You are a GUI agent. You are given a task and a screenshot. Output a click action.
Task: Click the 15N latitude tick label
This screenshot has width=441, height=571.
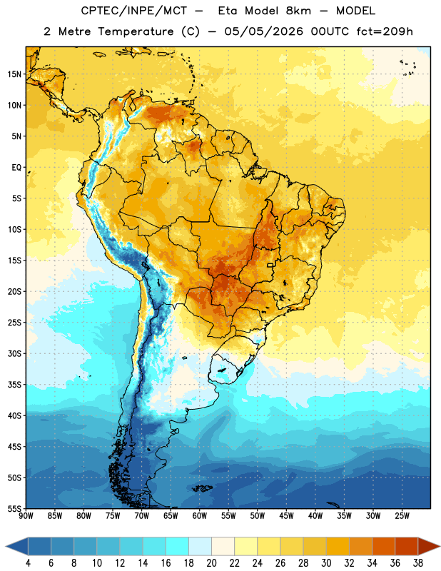14,74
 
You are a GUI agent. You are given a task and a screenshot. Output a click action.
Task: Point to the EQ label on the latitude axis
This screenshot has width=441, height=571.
16,168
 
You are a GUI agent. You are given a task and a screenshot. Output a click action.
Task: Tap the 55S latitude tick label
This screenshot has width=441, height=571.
14,508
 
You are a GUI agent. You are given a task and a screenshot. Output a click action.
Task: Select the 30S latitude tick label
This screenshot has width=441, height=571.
14,353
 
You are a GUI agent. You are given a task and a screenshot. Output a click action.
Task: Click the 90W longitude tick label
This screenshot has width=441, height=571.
26,515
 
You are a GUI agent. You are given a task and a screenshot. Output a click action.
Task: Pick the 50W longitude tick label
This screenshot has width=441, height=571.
258,515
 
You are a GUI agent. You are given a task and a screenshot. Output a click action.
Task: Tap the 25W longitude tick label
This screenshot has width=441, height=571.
402,515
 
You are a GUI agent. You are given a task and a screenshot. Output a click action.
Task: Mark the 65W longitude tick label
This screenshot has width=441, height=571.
171,515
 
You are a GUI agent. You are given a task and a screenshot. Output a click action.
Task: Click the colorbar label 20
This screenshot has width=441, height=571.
211,563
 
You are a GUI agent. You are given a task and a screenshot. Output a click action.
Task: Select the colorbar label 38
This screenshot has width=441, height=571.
418,563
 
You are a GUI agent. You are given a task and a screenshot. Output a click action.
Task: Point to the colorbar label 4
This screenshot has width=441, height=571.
28,563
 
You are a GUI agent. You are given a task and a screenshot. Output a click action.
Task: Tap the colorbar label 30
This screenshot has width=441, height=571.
326,563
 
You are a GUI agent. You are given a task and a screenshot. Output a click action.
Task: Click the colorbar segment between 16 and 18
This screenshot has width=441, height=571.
177,546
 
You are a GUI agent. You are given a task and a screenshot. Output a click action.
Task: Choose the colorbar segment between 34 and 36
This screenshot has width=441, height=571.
383,546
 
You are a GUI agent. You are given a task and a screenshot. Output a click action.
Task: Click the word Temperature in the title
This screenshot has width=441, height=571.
136,31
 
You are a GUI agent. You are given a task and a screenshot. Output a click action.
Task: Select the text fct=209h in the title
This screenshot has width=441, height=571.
385,31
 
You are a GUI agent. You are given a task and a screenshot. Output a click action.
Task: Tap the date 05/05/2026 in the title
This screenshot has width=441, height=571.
263,31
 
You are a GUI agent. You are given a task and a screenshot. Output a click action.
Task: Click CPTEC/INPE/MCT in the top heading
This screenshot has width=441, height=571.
134,11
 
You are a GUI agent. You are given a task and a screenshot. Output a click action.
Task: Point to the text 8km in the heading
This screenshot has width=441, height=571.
298,11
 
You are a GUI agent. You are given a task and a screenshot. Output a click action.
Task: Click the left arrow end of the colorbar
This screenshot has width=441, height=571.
6,546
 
